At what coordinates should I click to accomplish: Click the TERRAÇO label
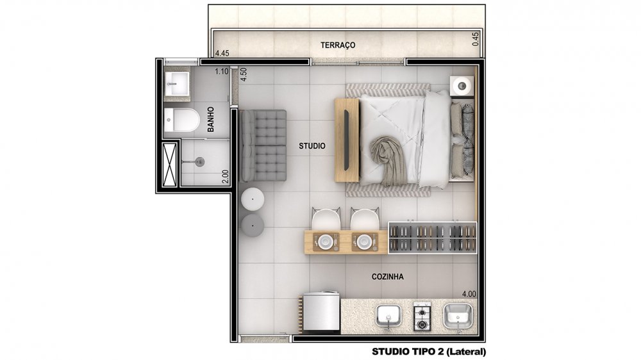click(x=338, y=45)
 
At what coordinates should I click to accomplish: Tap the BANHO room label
click(x=211, y=119)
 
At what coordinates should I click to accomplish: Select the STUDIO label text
click(x=312, y=146)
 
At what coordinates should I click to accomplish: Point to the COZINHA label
click(x=388, y=277)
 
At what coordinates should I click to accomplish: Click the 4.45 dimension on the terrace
click(x=222, y=53)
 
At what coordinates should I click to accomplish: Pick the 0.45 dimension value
click(x=476, y=39)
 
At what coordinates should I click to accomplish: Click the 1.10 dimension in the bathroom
click(x=222, y=72)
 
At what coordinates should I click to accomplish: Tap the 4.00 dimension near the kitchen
click(x=469, y=294)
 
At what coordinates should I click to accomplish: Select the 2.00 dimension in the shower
click(x=225, y=177)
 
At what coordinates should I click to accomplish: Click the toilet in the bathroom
click(x=181, y=120)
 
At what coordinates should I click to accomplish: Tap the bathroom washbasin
click(x=177, y=84)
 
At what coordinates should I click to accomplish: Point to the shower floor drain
click(x=199, y=162)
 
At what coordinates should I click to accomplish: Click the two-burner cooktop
click(x=422, y=316)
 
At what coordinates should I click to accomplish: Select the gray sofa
click(x=263, y=145)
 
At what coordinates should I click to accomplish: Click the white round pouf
click(x=253, y=200)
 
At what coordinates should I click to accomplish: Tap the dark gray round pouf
click(x=253, y=225)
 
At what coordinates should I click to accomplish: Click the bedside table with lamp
click(x=462, y=86)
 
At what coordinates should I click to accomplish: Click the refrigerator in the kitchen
click(x=320, y=311)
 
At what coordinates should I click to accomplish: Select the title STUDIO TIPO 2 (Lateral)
click(x=429, y=352)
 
